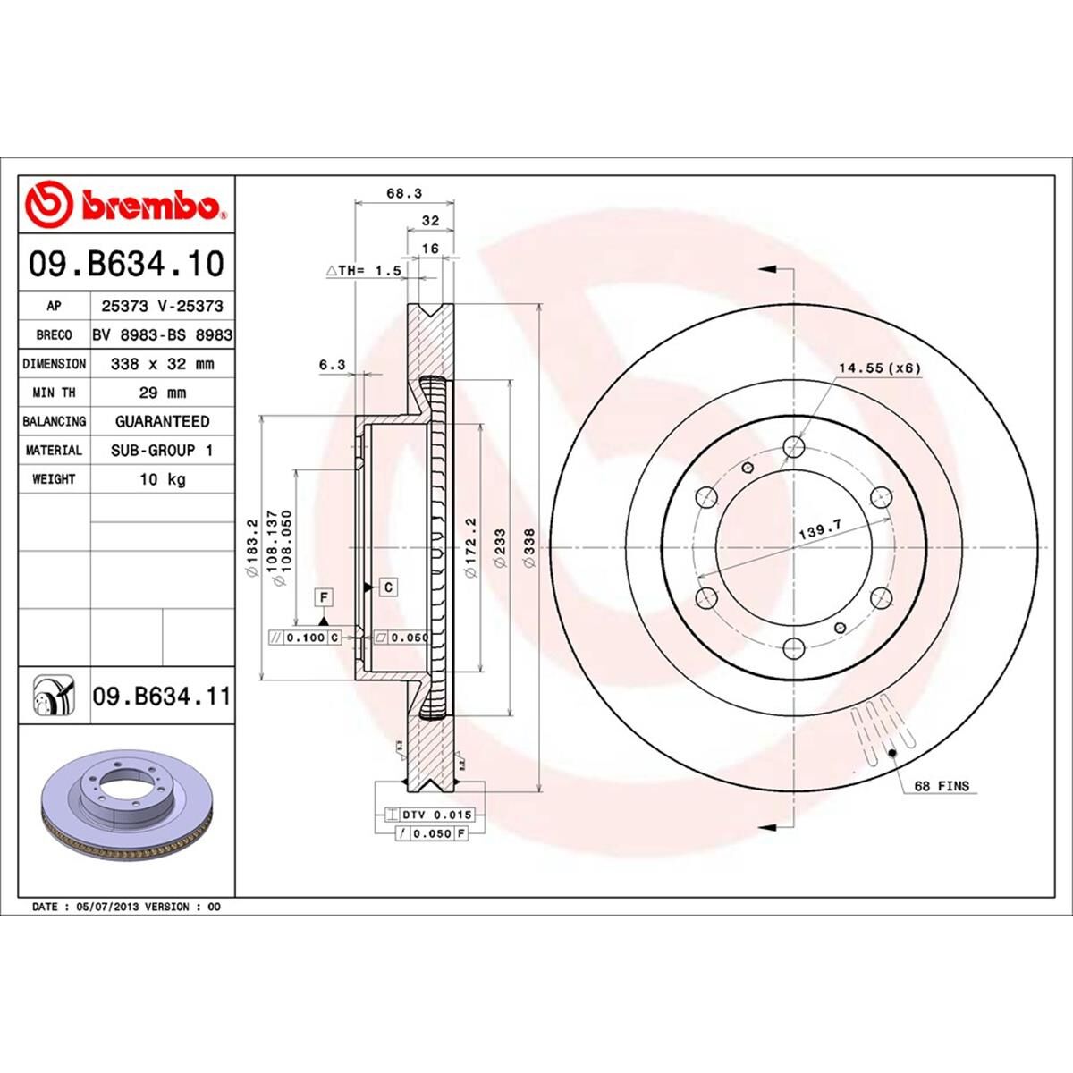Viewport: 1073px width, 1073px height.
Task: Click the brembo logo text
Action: point(152,207)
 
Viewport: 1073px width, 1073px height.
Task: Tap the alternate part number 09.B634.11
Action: point(161,696)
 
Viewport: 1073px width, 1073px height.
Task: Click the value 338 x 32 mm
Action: point(162,364)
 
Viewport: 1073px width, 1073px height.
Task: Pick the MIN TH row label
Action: point(54,393)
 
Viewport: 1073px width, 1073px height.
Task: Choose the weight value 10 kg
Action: point(162,479)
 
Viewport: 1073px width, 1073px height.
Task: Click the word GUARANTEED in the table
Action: point(162,421)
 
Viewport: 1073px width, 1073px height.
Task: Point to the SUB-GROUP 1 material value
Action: point(162,451)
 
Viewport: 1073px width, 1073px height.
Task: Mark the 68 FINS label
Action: point(941,787)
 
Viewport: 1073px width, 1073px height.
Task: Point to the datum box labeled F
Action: point(323,596)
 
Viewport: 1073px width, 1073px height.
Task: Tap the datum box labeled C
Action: point(389,587)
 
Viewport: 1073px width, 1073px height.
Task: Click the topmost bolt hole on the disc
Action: point(792,447)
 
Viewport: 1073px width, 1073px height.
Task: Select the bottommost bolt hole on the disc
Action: point(792,647)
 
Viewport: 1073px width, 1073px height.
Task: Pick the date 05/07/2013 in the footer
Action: point(102,907)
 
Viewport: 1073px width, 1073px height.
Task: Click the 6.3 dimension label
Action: point(331,364)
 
